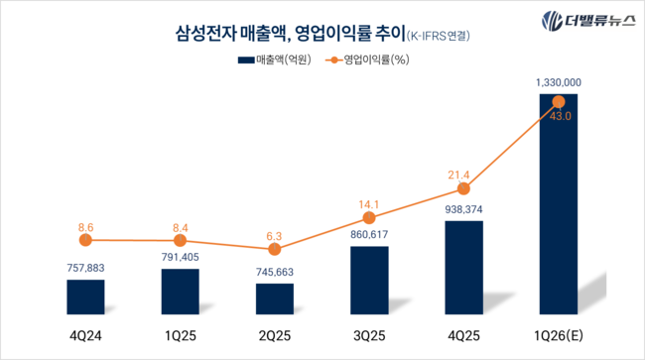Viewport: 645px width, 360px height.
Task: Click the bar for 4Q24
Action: pyautogui.click(x=85, y=297)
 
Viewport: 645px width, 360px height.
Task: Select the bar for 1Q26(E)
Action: pyautogui.click(x=558, y=203)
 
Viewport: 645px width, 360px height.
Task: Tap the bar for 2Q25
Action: pyautogui.click(x=275, y=299)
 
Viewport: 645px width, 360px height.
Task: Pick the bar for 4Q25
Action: pyautogui.click(x=463, y=267)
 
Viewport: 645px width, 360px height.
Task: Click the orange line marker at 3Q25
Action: pyautogui.click(x=369, y=217)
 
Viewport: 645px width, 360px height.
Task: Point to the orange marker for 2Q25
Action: pyautogui.click(x=275, y=249)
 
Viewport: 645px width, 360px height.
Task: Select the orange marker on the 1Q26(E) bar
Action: pyautogui.click(x=558, y=101)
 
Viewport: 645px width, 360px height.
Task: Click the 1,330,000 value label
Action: pyautogui.click(x=558, y=82)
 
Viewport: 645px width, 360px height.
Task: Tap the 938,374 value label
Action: pyautogui.click(x=463, y=209)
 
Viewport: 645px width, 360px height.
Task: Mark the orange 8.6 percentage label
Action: pyautogui.click(x=85, y=227)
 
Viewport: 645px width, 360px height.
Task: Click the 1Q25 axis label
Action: pyautogui.click(x=180, y=334)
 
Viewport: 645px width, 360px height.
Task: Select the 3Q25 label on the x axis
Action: pyautogui.click(x=369, y=334)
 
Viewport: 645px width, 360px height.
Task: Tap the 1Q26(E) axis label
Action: pyautogui.click(x=558, y=334)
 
